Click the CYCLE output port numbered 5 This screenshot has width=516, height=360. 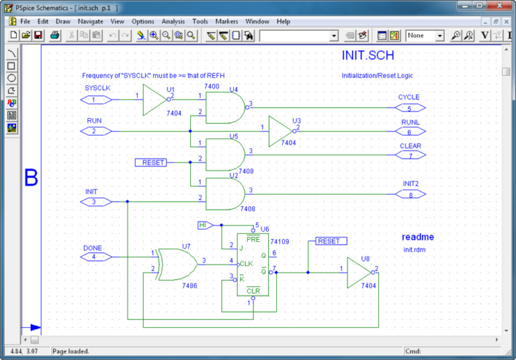click(409, 107)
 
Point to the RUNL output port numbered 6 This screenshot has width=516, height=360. click(409, 132)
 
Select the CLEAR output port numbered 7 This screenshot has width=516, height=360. click(409, 156)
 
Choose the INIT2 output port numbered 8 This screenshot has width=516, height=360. click(409, 195)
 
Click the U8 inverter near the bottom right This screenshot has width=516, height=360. click(359, 273)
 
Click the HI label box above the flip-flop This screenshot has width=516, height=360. click(205, 225)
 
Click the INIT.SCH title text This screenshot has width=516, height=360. click(368, 56)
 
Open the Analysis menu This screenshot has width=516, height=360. click(173, 21)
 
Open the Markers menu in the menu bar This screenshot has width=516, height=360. click(226, 21)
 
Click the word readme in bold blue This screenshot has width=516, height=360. click(418, 237)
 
